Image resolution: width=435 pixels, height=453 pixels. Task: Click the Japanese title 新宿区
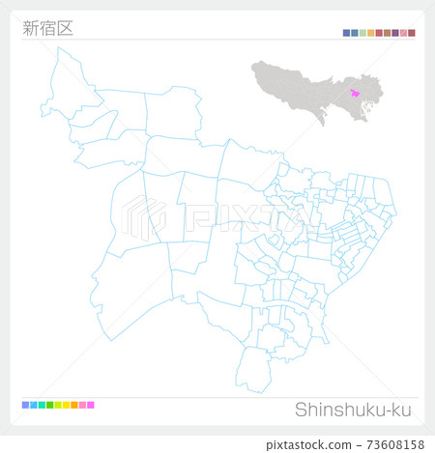[x=46, y=27]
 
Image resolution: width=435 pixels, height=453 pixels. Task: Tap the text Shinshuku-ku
[x=352, y=410]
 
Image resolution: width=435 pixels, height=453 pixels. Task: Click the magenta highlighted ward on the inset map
[x=356, y=92]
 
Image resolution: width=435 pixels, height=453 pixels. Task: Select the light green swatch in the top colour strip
[x=362, y=33]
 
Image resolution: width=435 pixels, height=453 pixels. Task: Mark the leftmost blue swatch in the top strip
[x=346, y=33]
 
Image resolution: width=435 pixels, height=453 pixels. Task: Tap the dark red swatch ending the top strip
[x=412, y=33]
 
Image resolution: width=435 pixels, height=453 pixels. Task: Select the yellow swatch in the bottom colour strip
[x=66, y=405]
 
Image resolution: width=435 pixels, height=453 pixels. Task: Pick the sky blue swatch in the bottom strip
[x=33, y=405]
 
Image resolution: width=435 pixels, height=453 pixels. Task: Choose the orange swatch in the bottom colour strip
[x=74, y=405]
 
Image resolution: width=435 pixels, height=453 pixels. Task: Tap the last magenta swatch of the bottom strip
[x=91, y=405]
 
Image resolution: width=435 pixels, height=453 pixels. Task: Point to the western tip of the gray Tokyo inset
[x=253, y=69]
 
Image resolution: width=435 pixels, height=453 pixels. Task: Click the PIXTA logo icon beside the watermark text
[x=145, y=217]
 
